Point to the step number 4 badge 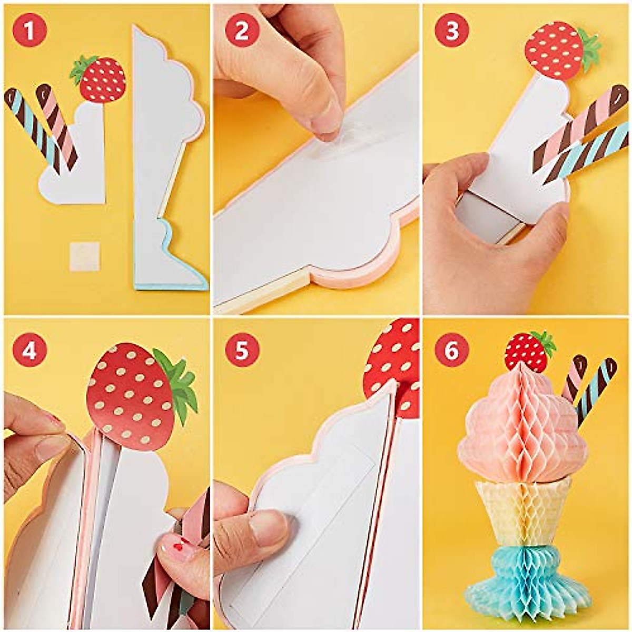[x=29, y=350]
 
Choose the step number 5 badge [x=241, y=350]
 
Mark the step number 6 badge [x=451, y=350]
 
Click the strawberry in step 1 [x=102, y=80]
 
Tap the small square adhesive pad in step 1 [x=85, y=256]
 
